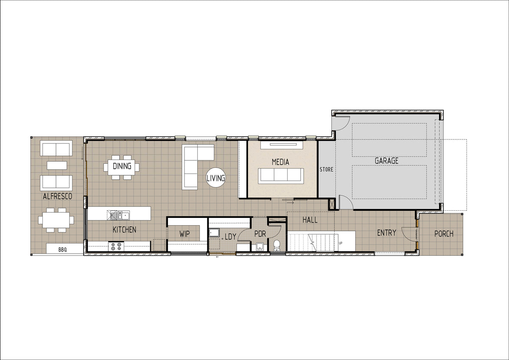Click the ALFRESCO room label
click(58, 196)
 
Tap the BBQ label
click(63, 250)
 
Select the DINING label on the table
click(122, 166)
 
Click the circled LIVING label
click(215, 178)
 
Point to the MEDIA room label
click(280, 162)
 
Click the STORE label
click(327, 170)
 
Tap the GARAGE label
click(386, 161)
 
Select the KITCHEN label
click(124, 230)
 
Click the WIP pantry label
click(185, 234)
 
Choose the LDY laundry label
click(230, 237)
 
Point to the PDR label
click(260, 234)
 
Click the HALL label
click(310, 220)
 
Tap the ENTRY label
click(386, 233)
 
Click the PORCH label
click(444, 234)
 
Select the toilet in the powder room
click(277, 246)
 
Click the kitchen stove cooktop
click(116, 246)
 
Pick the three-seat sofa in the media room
click(281, 176)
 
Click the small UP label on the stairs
click(340, 243)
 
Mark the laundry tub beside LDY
click(214, 233)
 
